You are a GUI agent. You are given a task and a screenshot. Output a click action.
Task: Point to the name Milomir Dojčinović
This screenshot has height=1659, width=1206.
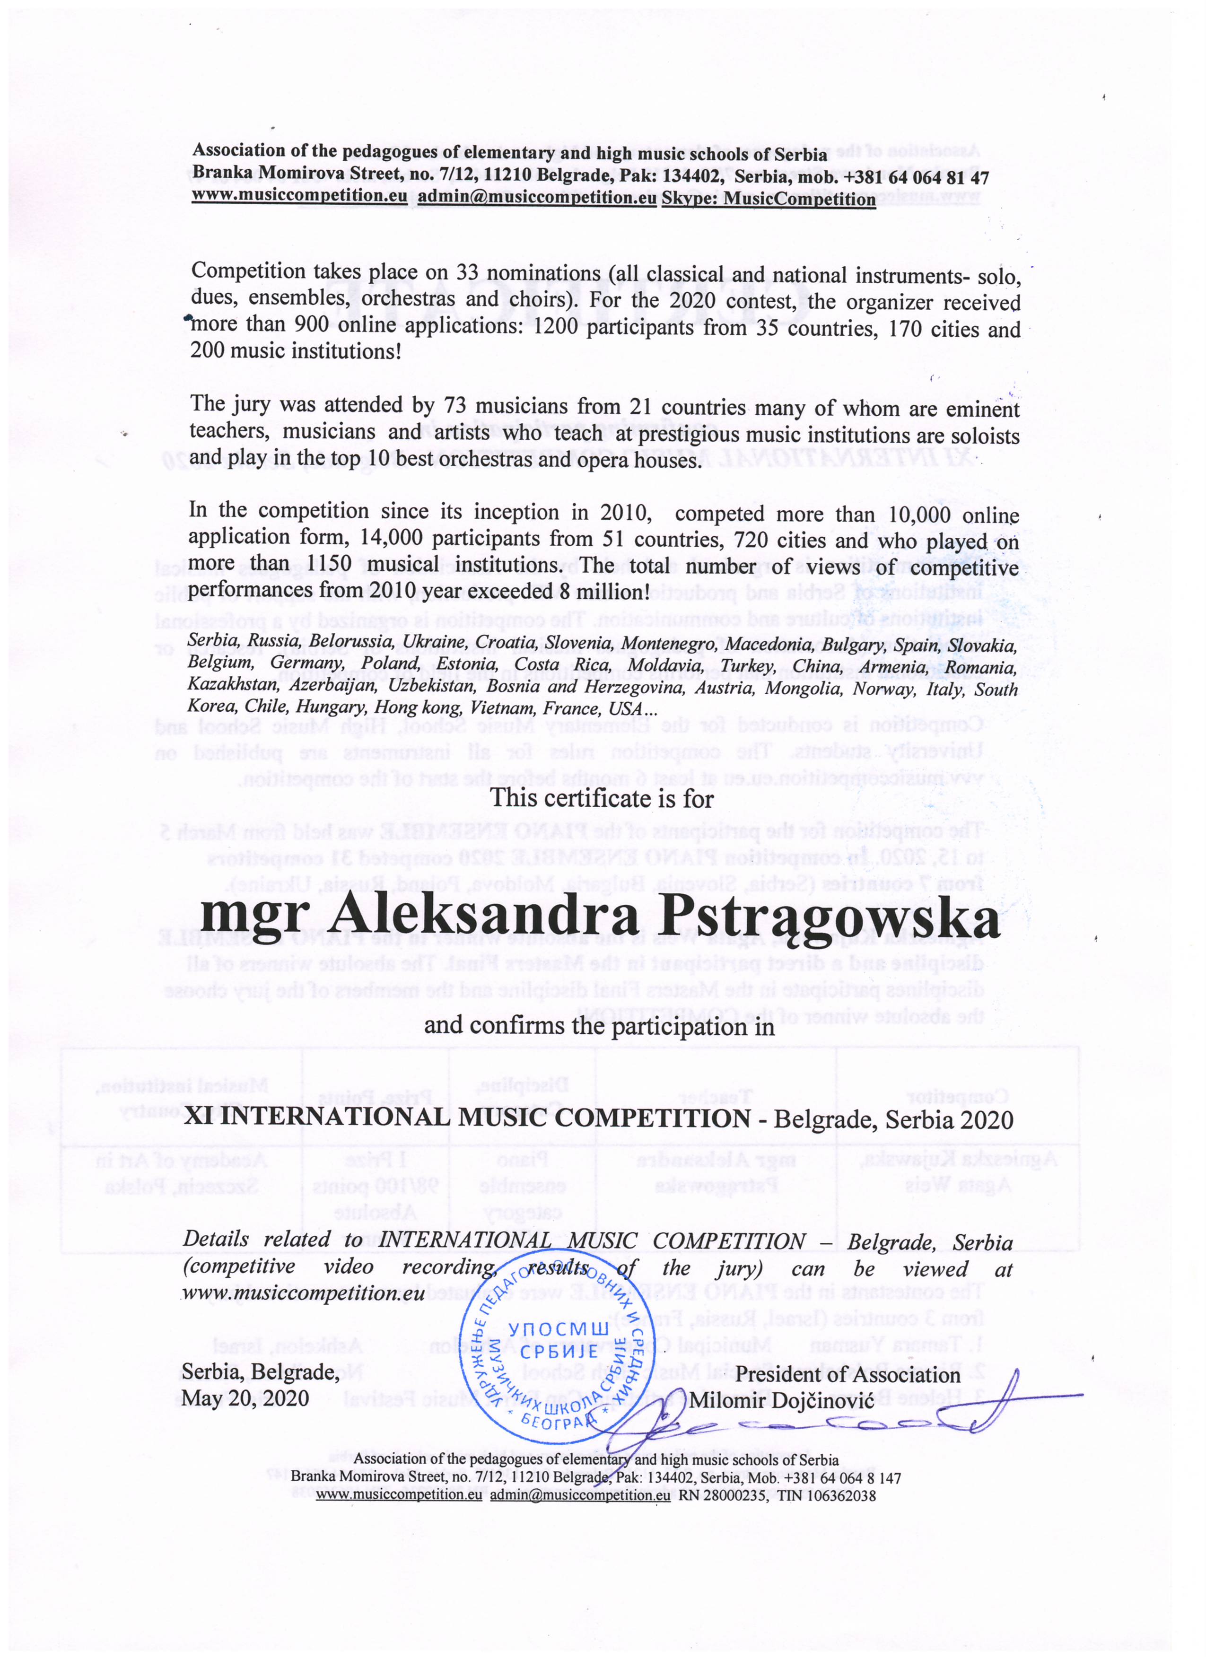[x=781, y=1400]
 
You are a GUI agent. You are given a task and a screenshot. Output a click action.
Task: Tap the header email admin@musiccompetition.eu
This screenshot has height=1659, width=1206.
[x=537, y=198]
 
